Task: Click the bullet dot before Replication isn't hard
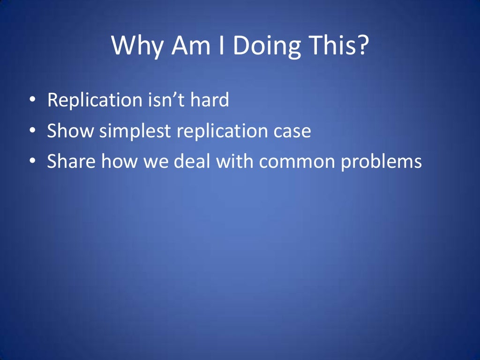[32, 99]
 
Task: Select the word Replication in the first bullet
[95, 100]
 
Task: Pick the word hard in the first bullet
[210, 99]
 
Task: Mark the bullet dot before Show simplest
[32, 130]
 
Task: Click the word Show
[70, 130]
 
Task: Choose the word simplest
[135, 131]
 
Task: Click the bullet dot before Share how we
[32, 161]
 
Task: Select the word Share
[71, 161]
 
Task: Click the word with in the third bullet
[234, 161]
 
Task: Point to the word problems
[382, 162]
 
